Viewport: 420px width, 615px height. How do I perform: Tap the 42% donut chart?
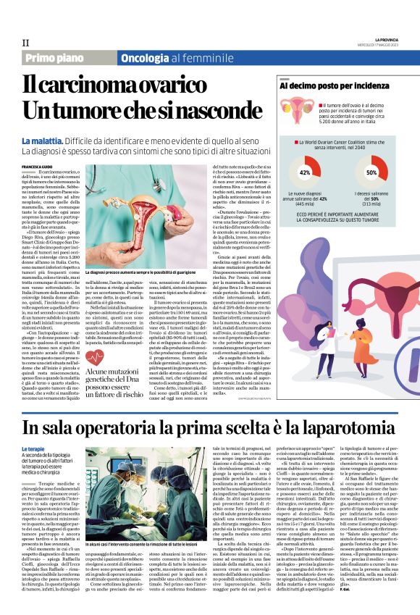(x=305, y=172)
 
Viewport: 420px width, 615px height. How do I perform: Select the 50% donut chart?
(x=371, y=172)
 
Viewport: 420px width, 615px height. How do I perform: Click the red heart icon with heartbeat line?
(x=95, y=358)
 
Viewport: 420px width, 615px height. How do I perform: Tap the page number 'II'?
(x=26, y=43)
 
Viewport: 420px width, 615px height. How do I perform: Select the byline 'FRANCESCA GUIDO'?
(x=38, y=166)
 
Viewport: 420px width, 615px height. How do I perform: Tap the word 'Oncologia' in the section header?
(x=147, y=57)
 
